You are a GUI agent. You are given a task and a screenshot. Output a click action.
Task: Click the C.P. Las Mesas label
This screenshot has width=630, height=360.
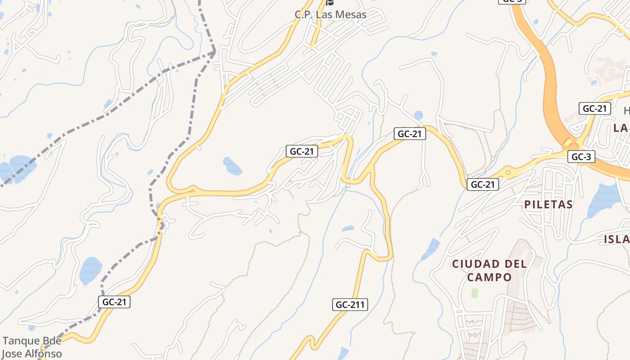pyautogui.click(x=330, y=14)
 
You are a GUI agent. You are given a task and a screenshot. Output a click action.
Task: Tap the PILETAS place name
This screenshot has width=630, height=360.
pyautogui.click(x=548, y=204)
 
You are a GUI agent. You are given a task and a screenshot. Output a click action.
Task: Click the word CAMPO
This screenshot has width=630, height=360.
pyautogui.click(x=489, y=277)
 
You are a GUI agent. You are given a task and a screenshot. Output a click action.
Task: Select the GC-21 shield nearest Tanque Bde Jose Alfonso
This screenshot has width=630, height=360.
pyautogui.click(x=114, y=302)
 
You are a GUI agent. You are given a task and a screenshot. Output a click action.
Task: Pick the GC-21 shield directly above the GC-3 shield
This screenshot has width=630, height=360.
pyautogui.click(x=594, y=108)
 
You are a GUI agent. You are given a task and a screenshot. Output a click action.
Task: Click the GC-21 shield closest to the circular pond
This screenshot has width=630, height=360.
pyautogui.click(x=409, y=133)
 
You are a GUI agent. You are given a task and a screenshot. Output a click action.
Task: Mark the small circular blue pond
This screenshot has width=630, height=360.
pyautogui.click(x=418, y=115)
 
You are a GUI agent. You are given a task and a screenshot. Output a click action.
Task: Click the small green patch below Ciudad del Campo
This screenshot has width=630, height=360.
pyautogui.click(x=474, y=293)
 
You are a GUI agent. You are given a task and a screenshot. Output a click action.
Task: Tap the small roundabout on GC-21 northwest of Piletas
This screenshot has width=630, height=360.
pyautogui.click(x=508, y=171)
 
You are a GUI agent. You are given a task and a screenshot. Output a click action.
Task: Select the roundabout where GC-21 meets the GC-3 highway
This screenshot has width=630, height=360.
pyautogui.click(x=571, y=144)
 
